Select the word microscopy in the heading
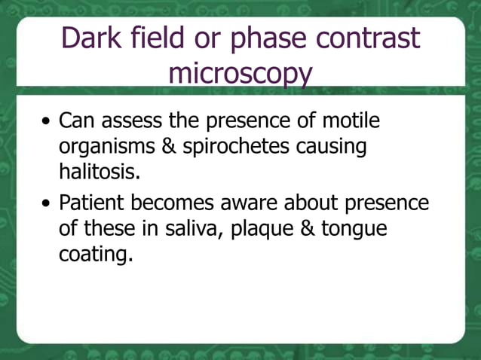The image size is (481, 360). [240, 74]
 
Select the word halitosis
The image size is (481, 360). [100, 172]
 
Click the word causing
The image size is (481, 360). [337, 147]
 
